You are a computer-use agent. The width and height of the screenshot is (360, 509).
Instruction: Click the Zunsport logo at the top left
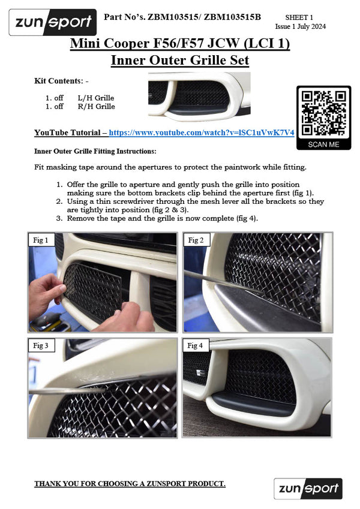click(52, 23)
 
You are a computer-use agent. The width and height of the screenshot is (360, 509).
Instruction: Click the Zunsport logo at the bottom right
click(308, 489)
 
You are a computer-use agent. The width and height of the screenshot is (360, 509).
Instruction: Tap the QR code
click(323, 113)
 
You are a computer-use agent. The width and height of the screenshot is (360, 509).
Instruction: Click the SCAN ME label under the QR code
click(323, 144)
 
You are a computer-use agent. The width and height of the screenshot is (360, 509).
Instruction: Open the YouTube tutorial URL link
click(201, 132)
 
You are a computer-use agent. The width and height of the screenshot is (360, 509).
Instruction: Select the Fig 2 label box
click(197, 240)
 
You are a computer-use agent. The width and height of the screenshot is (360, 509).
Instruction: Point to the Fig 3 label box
click(43, 346)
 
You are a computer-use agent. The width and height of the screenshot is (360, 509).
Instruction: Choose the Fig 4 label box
click(197, 346)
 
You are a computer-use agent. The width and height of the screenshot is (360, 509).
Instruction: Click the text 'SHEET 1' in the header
click(299, 19)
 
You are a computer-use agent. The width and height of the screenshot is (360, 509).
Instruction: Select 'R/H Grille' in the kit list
click(96, 107)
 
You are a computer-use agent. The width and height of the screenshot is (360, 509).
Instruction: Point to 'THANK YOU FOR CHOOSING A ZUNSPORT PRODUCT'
click(130, 483)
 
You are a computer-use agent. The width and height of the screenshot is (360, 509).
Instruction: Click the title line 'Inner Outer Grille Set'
click(179, 60)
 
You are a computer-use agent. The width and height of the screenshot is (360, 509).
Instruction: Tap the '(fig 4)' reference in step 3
click(244, 218)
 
